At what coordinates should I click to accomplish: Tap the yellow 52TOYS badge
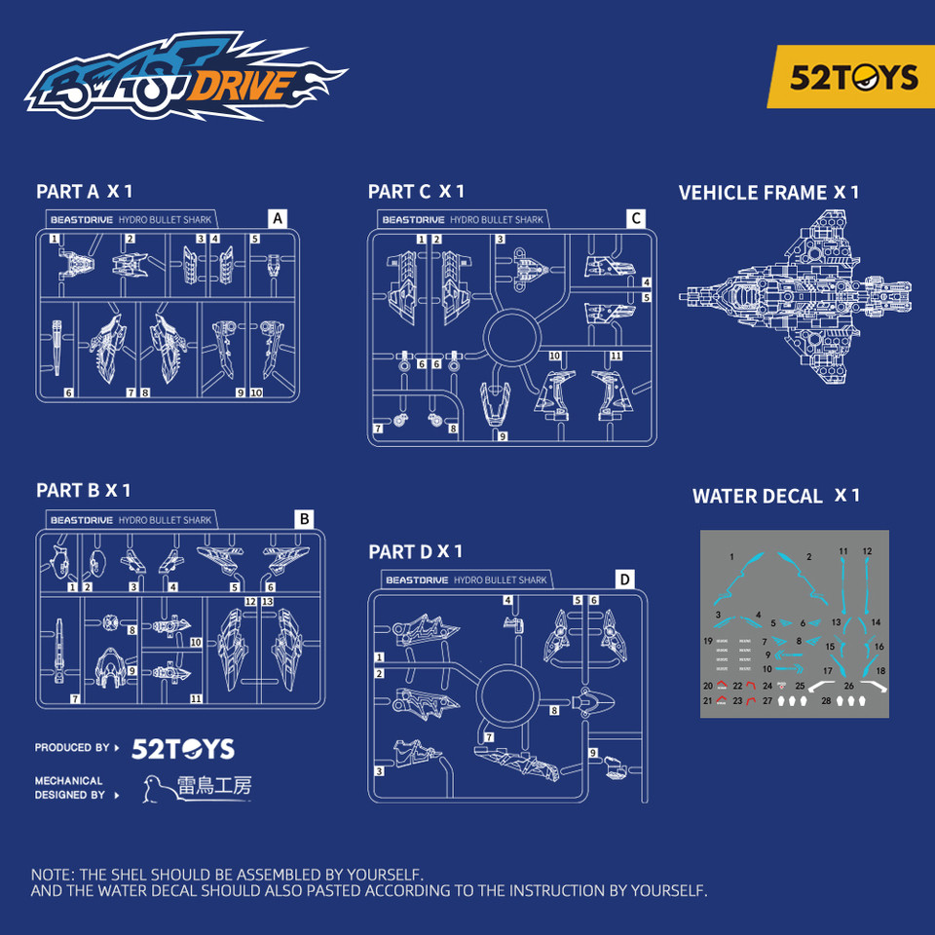pos(853,77)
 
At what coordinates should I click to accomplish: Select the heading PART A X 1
pos(84,192)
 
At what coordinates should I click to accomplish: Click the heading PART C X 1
pos(416,192)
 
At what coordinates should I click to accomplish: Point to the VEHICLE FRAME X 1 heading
pos(768,193)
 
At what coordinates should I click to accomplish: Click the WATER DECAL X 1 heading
pos(775,496)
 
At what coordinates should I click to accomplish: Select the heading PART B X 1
pos(83,490)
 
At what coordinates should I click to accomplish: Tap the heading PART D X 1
pos(415,552)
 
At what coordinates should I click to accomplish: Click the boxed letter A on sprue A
pos(278,219)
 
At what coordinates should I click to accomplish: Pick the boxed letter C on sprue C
pos(635,219)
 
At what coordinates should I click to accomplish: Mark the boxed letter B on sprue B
pos(304,519)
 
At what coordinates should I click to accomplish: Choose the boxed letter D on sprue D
pos(623,580)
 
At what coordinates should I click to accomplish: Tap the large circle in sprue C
pos(513,341)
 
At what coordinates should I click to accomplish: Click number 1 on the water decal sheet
pos(731,556)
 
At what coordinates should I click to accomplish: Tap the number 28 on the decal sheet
pos(826,700)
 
